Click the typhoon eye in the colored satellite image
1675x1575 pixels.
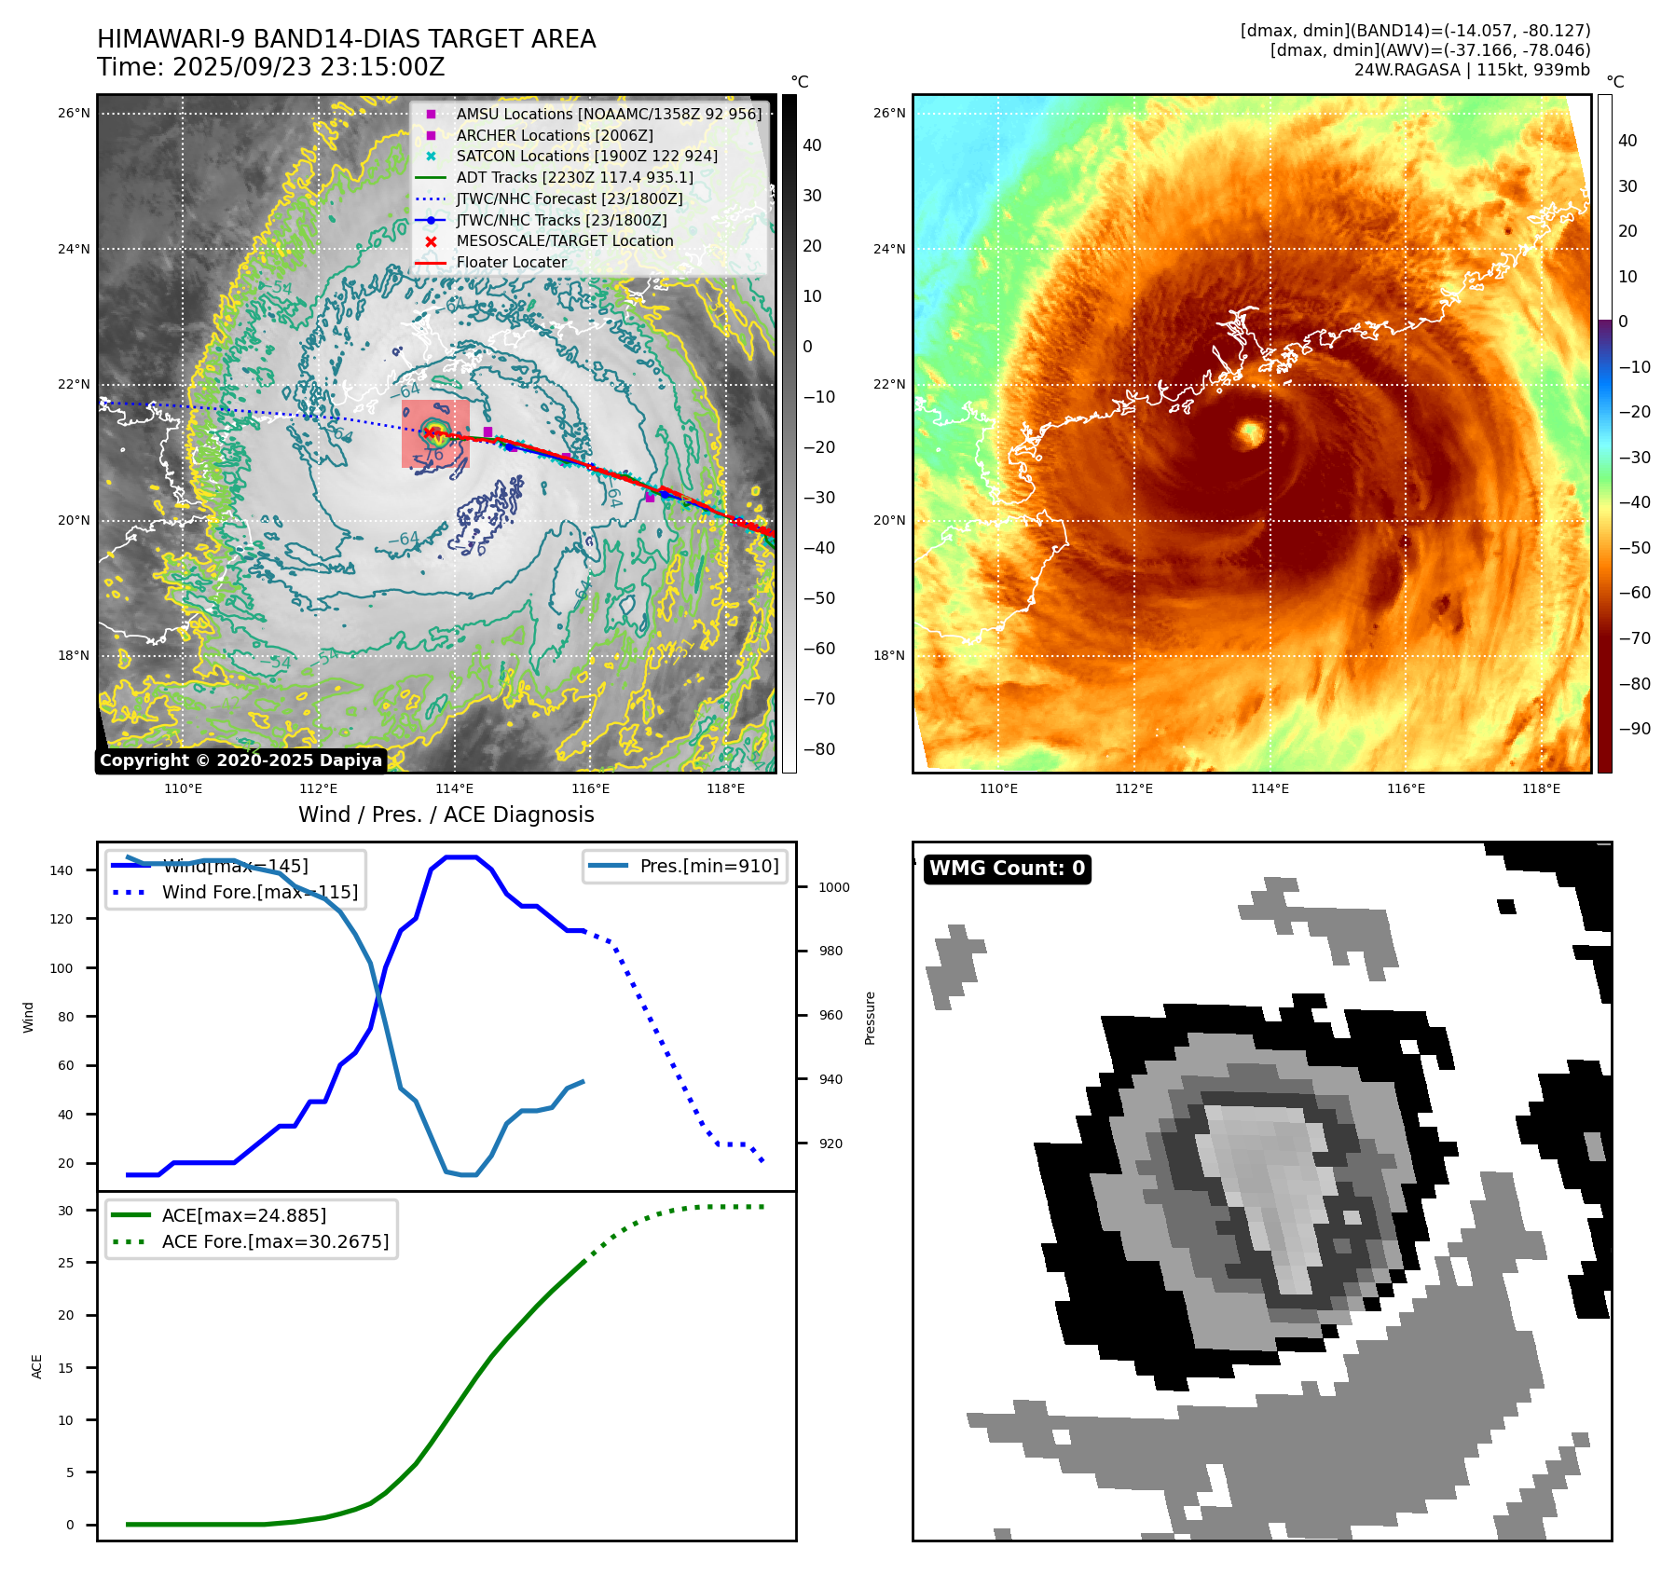1249,432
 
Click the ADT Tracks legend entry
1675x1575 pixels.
574,177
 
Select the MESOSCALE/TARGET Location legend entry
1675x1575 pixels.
564,240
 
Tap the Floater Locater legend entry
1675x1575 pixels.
511,262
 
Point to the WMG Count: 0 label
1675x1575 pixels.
1007,869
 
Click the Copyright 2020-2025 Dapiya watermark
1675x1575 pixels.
240,760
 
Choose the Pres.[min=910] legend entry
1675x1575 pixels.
708,866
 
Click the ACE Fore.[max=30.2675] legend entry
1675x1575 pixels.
275,1241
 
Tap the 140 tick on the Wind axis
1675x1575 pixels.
62,870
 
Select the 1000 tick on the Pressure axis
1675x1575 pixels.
833,887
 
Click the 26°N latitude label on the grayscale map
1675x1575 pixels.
74,114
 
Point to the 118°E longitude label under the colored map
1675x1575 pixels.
1541,788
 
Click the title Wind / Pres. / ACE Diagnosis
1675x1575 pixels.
446,815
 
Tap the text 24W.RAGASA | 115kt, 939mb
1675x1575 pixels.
1472,70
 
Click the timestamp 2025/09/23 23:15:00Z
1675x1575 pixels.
309,67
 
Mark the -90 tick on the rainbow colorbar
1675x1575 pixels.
1634,729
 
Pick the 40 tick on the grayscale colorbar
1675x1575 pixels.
812,145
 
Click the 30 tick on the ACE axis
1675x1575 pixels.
65,1211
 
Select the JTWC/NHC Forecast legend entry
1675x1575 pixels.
569,199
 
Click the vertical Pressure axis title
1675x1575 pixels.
870,1018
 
